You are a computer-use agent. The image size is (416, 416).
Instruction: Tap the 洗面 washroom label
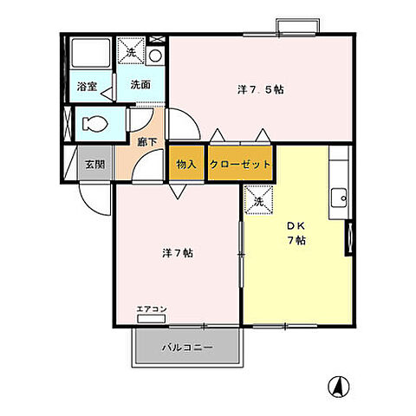(x=141, y=85)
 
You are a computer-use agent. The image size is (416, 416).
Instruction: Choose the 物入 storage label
(x=186, y=164)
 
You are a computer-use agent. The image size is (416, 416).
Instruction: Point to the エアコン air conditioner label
(x=151, y=309)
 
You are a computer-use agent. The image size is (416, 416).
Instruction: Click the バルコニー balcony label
(x=185, y=348)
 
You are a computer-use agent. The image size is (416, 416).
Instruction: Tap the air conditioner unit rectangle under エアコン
(x=151, y=319)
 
